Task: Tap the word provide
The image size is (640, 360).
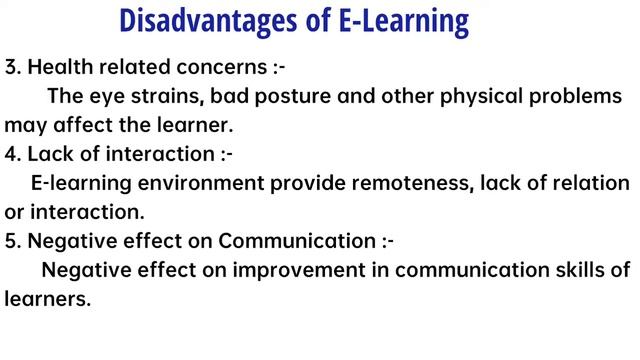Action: tap(309, 184)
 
